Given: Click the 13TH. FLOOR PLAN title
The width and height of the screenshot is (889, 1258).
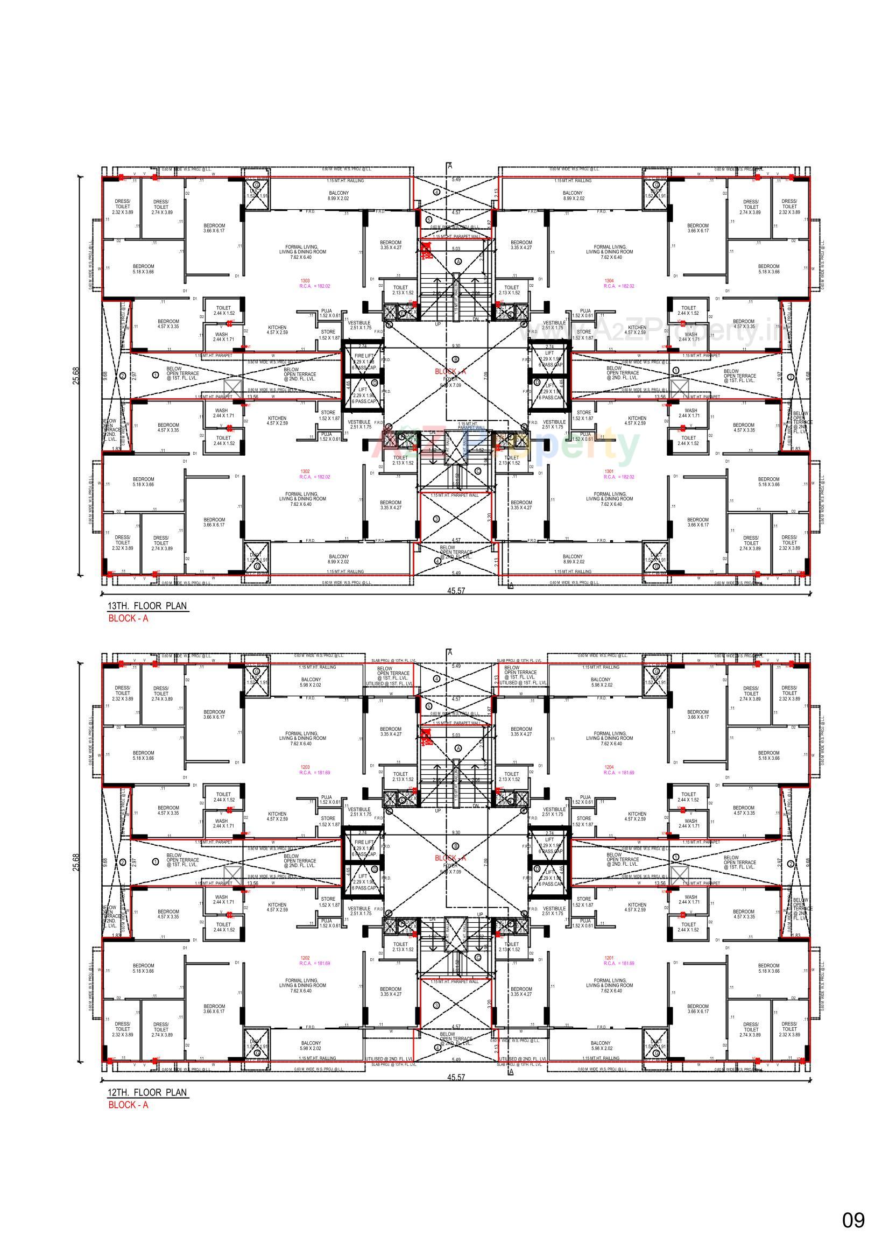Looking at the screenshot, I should (x=147, y=606).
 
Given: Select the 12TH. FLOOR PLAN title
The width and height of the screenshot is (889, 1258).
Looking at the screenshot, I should (x=147, y=1092).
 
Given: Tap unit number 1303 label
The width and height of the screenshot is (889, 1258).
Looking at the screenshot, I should (x=305, y=280).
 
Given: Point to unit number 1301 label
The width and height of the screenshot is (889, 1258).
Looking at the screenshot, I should (x=609, y=471).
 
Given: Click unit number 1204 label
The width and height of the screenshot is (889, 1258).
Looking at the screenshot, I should (x=609, y=767).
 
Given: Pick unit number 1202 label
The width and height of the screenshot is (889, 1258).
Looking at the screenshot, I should (x=305, y=958).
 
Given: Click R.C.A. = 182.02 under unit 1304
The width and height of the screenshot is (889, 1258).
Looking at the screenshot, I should (x=619, y=286).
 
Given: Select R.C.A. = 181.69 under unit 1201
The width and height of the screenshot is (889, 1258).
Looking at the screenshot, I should (x=619, y=963).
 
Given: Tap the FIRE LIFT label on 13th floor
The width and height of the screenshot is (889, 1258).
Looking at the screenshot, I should (x=364, y=356).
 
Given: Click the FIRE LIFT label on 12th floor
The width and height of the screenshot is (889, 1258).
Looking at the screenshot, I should (x=364, y=842).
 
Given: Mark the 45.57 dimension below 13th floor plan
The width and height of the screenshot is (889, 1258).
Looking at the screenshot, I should (x=456, y=591).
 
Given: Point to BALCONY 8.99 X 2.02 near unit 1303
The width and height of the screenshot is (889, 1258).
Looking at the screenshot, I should (x=338, y=196).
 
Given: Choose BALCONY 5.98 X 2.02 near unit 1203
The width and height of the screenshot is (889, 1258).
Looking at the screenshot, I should (x=311, y=682).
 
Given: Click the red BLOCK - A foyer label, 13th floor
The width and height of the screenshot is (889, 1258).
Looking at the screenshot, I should (x=450, y=371).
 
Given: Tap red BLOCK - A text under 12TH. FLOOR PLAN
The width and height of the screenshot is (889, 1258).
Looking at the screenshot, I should (x=128, y=1105).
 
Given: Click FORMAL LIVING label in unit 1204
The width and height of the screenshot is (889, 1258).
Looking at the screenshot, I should (x=610, y=736).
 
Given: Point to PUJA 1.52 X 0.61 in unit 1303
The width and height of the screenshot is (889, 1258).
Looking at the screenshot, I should (x=327, y=313).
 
